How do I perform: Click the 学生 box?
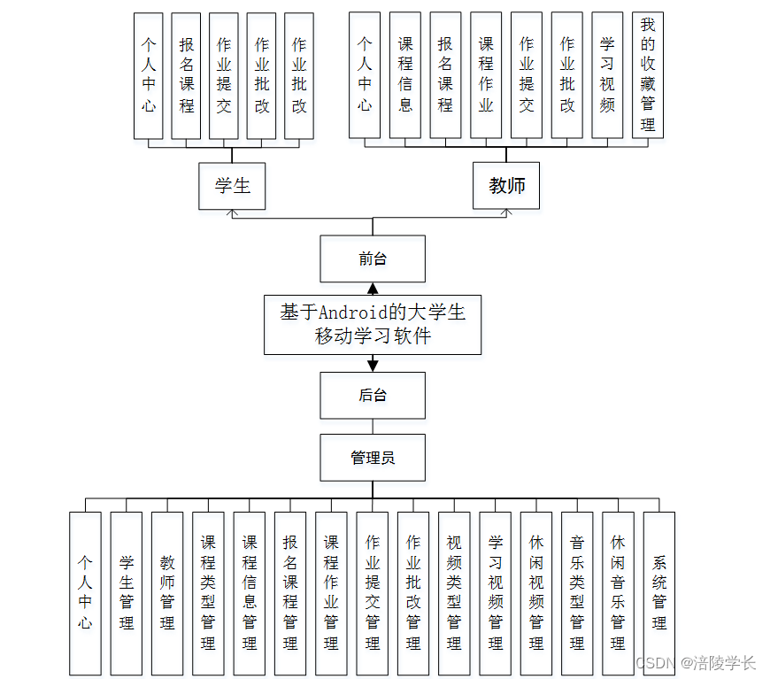tap(232, 186)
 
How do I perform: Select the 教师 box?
tap(506, 186)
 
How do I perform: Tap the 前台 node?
tap(373, 258)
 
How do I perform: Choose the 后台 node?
tap(373, 395)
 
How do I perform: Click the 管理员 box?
tap(373, 458)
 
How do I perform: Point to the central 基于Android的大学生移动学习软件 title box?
tap(373, 324)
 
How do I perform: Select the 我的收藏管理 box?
tap(648, 75)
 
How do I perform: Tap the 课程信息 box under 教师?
tap(405, 75)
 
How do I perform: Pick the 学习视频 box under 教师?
tap(607, 75)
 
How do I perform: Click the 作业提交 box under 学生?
tap(224, 76)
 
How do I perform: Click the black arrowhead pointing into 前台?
tap(373, 289)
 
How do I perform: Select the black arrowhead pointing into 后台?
tap(373, 364)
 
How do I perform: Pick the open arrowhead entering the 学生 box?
tap(232, 213)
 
